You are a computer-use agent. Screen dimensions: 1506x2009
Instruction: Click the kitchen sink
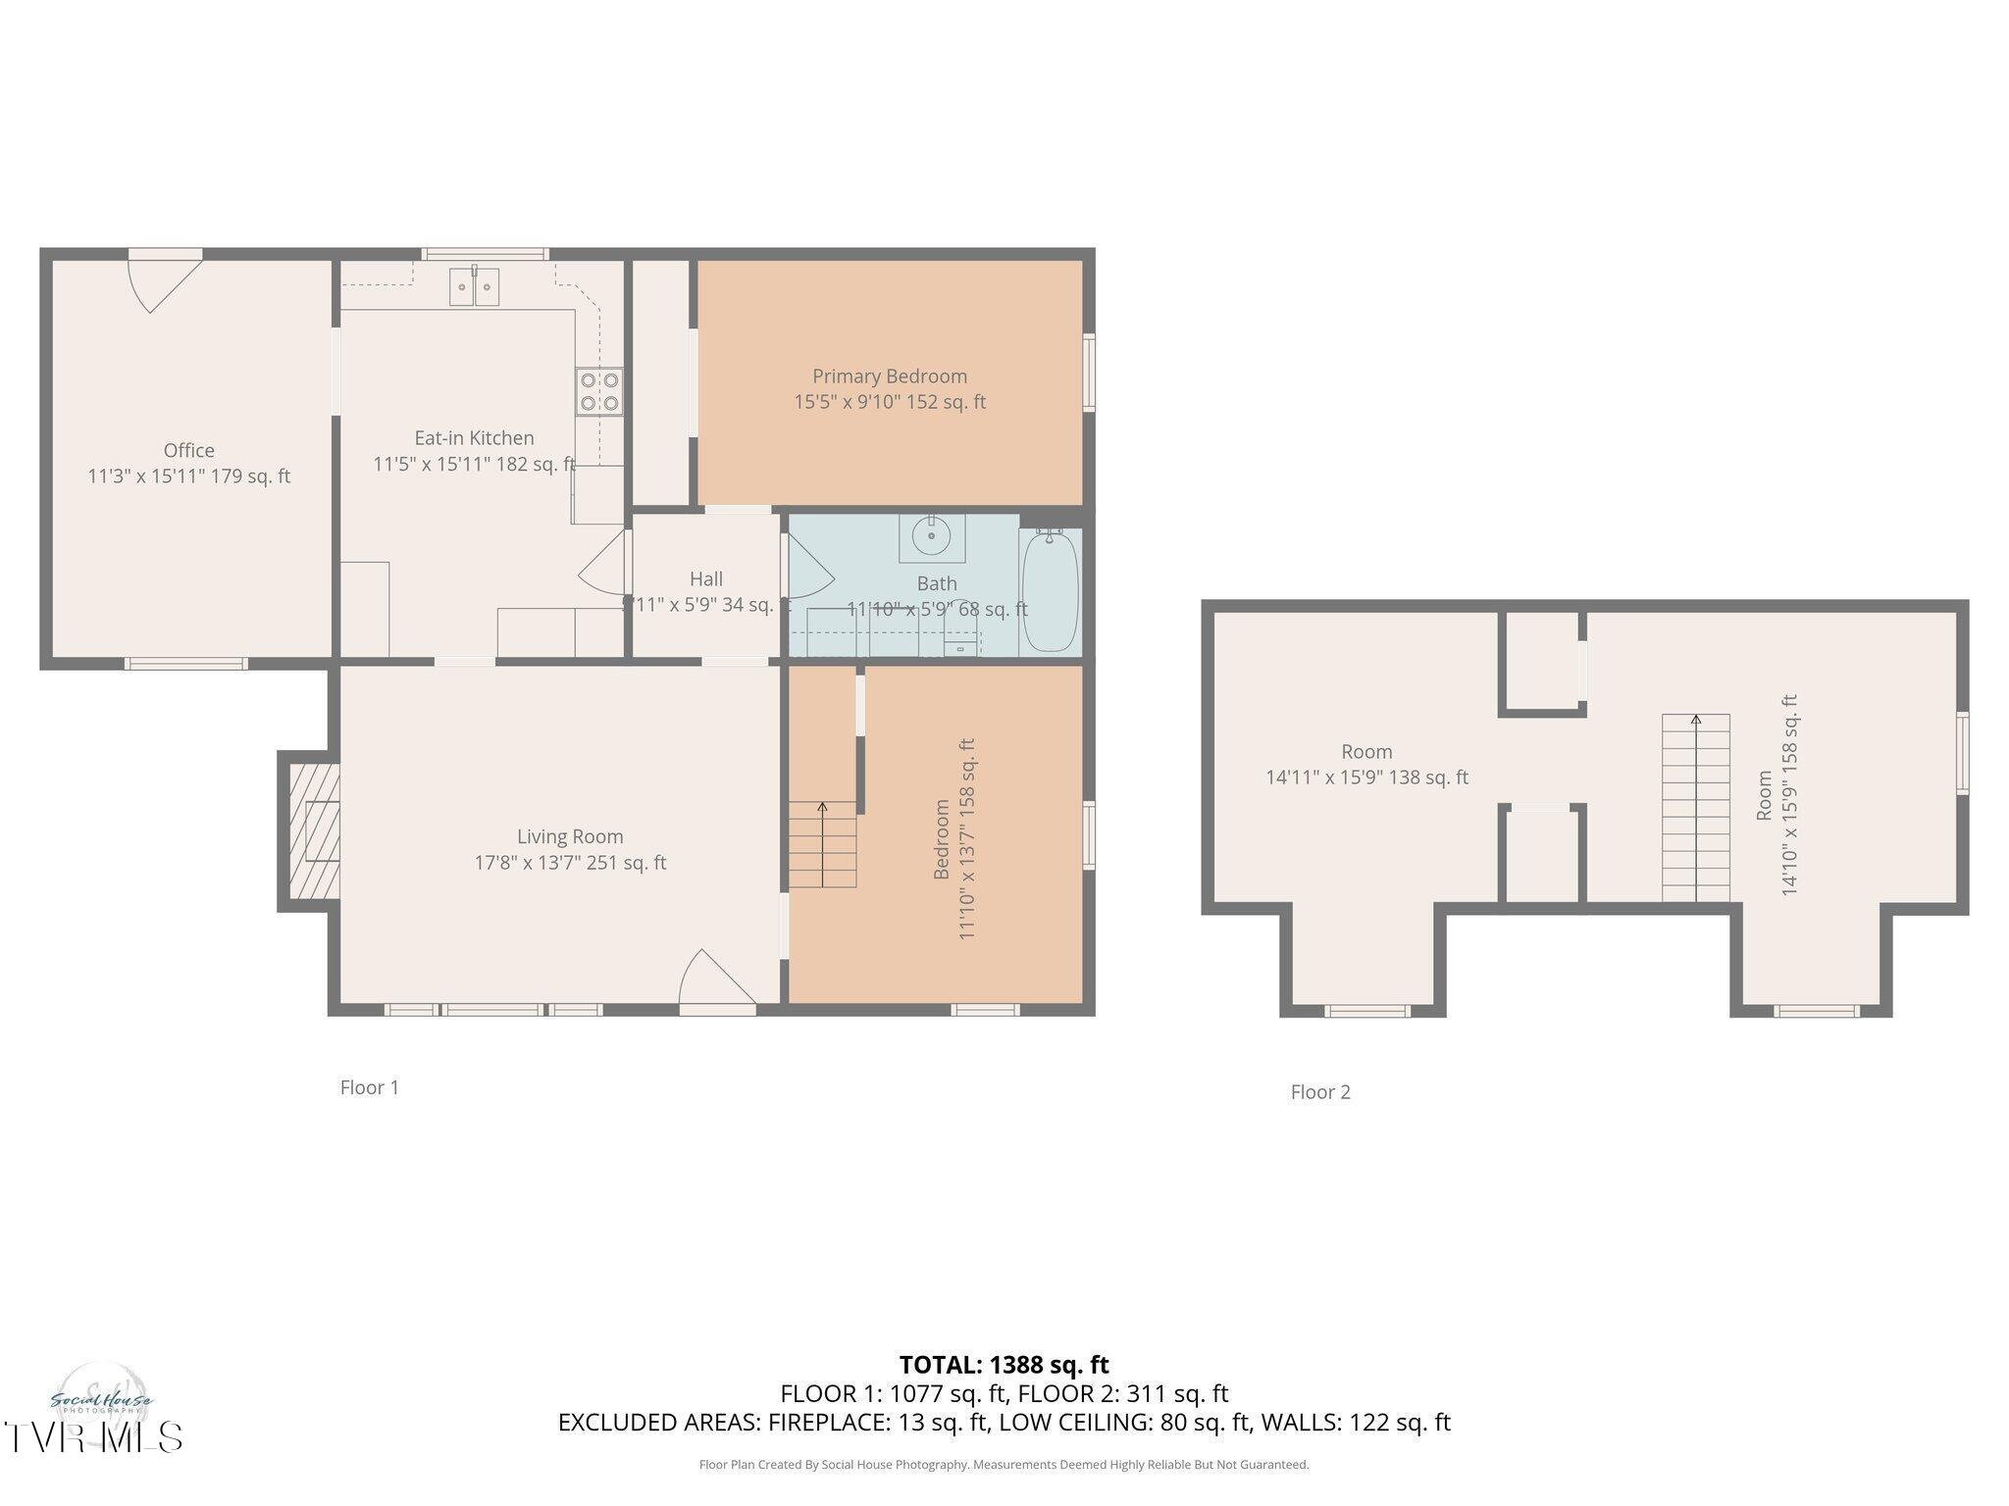[474, 286]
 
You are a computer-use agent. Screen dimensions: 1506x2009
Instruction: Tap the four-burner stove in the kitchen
[598, 390]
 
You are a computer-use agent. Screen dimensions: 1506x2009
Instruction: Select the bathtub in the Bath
[1051, 591]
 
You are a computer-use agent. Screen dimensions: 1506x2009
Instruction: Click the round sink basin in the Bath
[931, 536]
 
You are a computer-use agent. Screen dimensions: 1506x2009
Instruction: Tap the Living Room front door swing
[716, 978]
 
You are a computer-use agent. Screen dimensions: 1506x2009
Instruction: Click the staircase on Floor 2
[1695, 808]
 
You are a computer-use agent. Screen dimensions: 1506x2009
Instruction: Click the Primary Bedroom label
[889, 376]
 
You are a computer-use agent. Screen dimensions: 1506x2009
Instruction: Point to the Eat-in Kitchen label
[474, 438]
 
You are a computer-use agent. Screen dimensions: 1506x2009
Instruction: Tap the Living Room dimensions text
[570, 863]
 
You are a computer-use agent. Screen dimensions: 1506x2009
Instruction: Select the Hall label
[705, 578]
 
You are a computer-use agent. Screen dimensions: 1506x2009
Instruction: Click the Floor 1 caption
[369, 1087]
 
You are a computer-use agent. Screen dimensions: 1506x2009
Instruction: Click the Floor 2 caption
[1319, 1092]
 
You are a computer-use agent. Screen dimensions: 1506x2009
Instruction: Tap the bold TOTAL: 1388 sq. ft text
[1004, 1365]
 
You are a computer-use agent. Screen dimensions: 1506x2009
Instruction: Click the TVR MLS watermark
[92, 1437]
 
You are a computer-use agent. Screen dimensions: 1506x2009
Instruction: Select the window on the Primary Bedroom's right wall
[1089, 373]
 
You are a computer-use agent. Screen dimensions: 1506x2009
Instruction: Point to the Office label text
[188, 450]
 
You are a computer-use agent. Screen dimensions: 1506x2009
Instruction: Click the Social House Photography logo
[101, 1397]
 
